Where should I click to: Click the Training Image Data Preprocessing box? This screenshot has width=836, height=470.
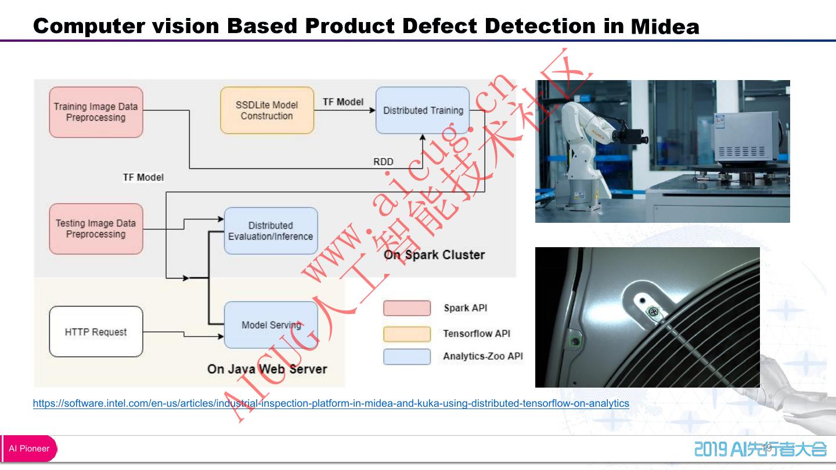(96, 112)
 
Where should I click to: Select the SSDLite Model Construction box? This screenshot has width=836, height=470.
(267, 110)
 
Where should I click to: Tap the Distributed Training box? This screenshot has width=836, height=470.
(423, 110)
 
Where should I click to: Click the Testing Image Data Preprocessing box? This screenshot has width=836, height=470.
(96, 229)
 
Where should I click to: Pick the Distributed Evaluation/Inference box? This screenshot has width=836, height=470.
(271, 231)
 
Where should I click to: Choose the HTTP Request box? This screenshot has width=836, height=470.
(96, 332)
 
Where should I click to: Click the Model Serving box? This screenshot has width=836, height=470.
(271, 326)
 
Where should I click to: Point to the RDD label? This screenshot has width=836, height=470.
(383, 162)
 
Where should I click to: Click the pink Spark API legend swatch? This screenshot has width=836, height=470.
(406, 308)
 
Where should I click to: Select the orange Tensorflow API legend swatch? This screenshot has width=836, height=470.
(406, 334)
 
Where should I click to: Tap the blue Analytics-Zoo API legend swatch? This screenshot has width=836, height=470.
(406, 356)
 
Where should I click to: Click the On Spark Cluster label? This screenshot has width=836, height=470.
(434, 255)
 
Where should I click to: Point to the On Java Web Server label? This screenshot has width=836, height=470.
(267, 369)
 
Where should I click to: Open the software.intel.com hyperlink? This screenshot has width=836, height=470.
(331, 403)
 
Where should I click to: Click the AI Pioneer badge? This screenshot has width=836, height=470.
(29, 449)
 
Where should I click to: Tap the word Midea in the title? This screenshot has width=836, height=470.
(665, 27)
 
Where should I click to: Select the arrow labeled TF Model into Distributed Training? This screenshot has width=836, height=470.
(345, 110)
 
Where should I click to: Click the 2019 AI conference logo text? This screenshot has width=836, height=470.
(761, 449)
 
